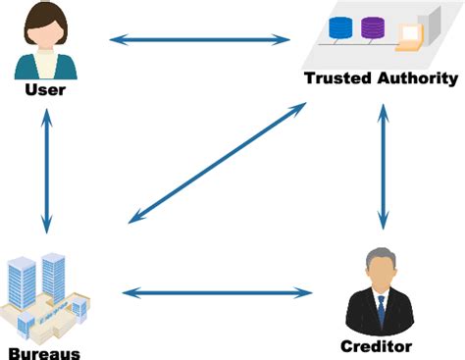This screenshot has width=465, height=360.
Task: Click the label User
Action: pos(44,90)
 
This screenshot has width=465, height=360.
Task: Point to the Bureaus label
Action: pos(43,351)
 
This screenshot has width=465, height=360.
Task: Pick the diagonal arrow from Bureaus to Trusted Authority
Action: pos(217,162)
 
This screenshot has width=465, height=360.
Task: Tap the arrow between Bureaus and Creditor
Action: pos(217,291)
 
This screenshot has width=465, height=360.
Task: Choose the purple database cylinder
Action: pos(374,26)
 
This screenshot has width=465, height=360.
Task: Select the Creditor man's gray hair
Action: pos(381,256)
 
